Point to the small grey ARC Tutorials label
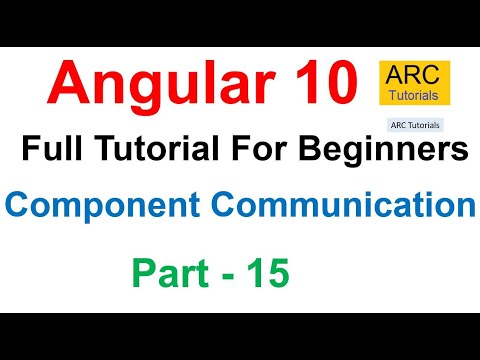413,126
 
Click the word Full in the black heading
47,151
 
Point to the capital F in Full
29,151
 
